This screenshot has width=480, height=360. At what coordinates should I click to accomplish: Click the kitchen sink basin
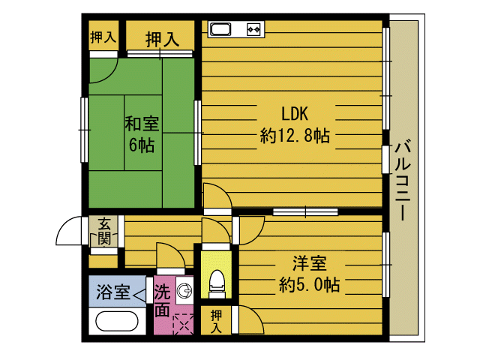[x=220, y=29]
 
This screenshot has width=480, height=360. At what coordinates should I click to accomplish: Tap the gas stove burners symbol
[x=253, y=29]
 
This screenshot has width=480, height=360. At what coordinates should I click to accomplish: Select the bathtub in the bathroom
[x=117, y=321]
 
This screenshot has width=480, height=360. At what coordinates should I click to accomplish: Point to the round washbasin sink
[x=185, y=290]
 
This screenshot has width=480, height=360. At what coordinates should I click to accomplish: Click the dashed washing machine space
[x=183, y=324]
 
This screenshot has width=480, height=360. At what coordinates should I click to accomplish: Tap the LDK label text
[x=295, y=113]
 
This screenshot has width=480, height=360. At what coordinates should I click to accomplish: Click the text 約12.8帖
[x=295, y=136]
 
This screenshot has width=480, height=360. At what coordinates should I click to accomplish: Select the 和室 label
[x=142, y=123]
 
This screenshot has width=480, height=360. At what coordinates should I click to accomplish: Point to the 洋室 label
[x=310, y=263]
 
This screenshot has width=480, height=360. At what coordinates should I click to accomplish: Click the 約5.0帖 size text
[x=310, y=285]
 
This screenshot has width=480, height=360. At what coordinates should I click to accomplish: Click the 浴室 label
[x=113, y=292]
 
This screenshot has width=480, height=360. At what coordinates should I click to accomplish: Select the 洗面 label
[x=162, y=301]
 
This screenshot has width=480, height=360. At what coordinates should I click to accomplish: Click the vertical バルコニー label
[x=402, y=180]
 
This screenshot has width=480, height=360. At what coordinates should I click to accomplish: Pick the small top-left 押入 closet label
[x=103, y=37]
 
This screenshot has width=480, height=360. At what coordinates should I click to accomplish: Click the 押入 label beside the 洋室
[x=217, y=321]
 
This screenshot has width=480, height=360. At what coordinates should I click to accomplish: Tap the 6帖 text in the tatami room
[x=142, y=145]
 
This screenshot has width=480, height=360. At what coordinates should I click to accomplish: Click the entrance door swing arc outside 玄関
[x=68, y=230]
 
